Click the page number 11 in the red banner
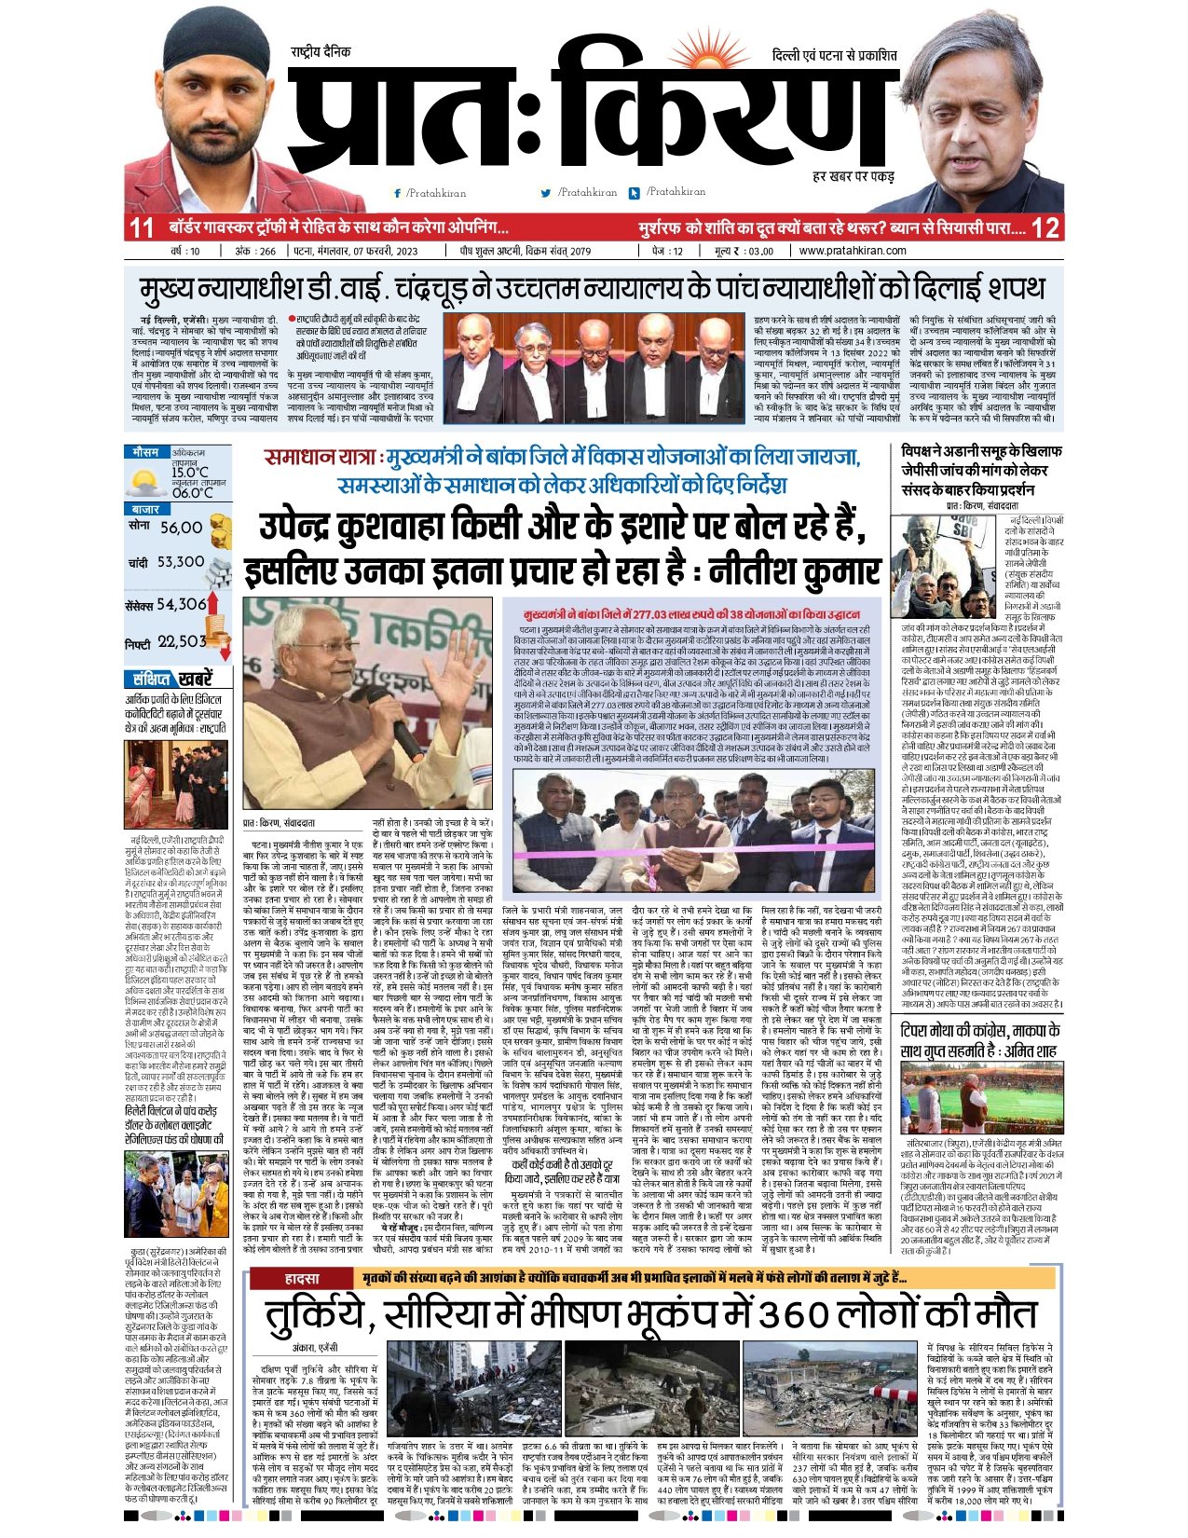[x=142, y=227]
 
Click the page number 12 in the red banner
[x=1045, y=227]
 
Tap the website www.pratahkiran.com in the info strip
[x=853, y=251]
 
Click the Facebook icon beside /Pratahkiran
[x=398, y=193]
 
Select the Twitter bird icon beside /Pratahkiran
[x=546, y=193]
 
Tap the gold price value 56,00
[x=181, y=528]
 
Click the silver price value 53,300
[x=180, y=562]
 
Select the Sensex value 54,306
[x=181, y=604]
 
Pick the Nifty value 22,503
[x=181, y=641]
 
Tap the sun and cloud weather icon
[x=147, y=482]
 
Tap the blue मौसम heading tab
[x=146, y=452]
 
